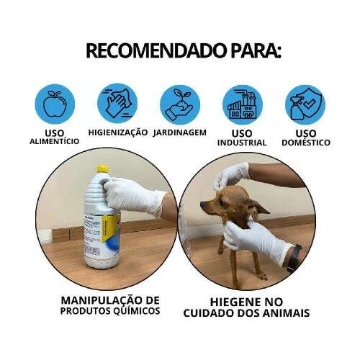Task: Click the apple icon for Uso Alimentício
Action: (54, 104)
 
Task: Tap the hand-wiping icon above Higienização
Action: (117, 104)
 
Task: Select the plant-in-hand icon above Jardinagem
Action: (179, 104)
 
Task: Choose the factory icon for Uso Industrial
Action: (242, 104)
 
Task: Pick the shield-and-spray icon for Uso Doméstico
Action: (305, 104)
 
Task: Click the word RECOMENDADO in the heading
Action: (148, 51)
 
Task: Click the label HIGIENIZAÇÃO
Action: (118, 133)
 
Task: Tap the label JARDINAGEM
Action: (180, 133)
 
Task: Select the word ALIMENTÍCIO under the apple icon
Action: (54, 142)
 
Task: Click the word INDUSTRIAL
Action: (242, 143)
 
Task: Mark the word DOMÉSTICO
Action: (305, 143)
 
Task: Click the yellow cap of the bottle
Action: (102, 169)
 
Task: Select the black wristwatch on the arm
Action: (294, 258)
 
